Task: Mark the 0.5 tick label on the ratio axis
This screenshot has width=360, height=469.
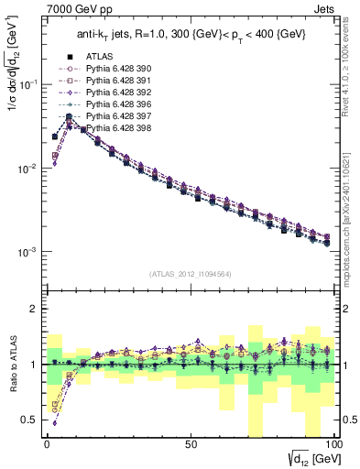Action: [x=29, y=420]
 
